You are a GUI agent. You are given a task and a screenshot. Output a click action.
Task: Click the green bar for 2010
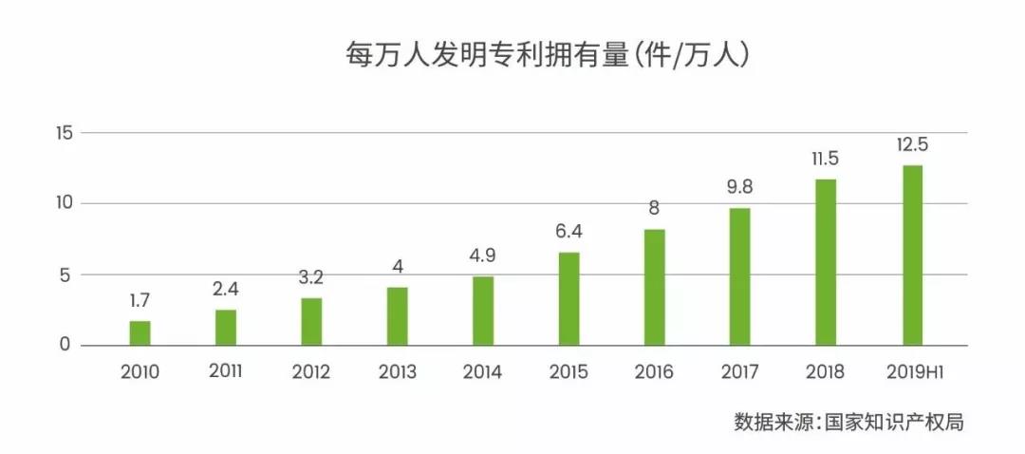(x=140, y=332)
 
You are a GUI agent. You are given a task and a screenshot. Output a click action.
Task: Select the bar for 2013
(x=397, y=315)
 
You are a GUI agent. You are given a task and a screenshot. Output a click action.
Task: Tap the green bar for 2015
(x=568, y=298)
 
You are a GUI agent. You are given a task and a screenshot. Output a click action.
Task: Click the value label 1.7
(x=140, y=301)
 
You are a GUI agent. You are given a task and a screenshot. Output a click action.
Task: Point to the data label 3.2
(x=311, y=278)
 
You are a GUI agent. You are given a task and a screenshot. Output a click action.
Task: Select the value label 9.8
(x=739, y=188)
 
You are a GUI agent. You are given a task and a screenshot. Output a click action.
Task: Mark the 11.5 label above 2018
(x=825, y=159)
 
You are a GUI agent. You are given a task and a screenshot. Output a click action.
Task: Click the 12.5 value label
(x=911, y=145)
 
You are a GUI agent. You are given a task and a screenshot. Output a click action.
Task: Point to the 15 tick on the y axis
(x=63, y=133)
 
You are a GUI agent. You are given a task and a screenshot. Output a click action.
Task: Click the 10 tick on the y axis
(x=63, y=203)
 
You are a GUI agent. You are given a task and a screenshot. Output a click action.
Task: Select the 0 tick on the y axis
(x=65, y=345)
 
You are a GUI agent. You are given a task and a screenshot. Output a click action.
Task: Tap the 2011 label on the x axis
(x=226, y=370)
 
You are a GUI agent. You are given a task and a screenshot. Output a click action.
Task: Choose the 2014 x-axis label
(x=482, y=371)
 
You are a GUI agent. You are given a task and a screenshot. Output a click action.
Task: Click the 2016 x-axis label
(x=654, y=371)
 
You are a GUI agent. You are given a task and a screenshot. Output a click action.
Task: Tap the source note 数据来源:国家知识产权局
(x=848, y=422)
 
